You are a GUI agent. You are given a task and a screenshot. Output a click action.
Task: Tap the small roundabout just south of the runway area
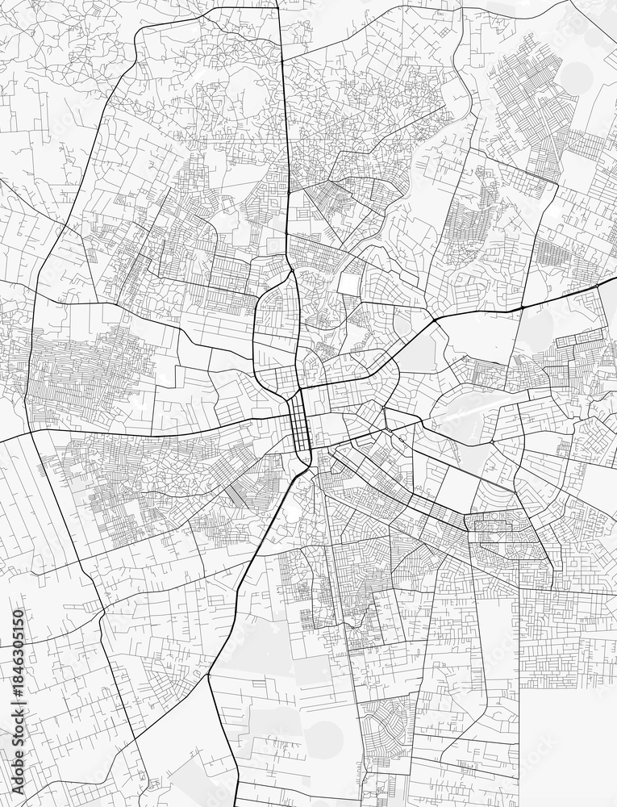(492, 443)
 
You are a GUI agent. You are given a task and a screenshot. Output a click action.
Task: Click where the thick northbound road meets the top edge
(279, 2)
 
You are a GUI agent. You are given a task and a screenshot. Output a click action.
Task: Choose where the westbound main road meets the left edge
(2, 440)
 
